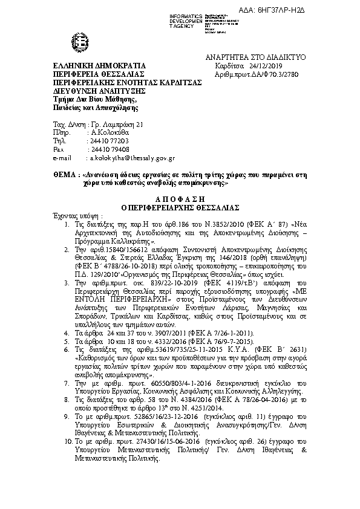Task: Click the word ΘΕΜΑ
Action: click(x=63, y=174)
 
